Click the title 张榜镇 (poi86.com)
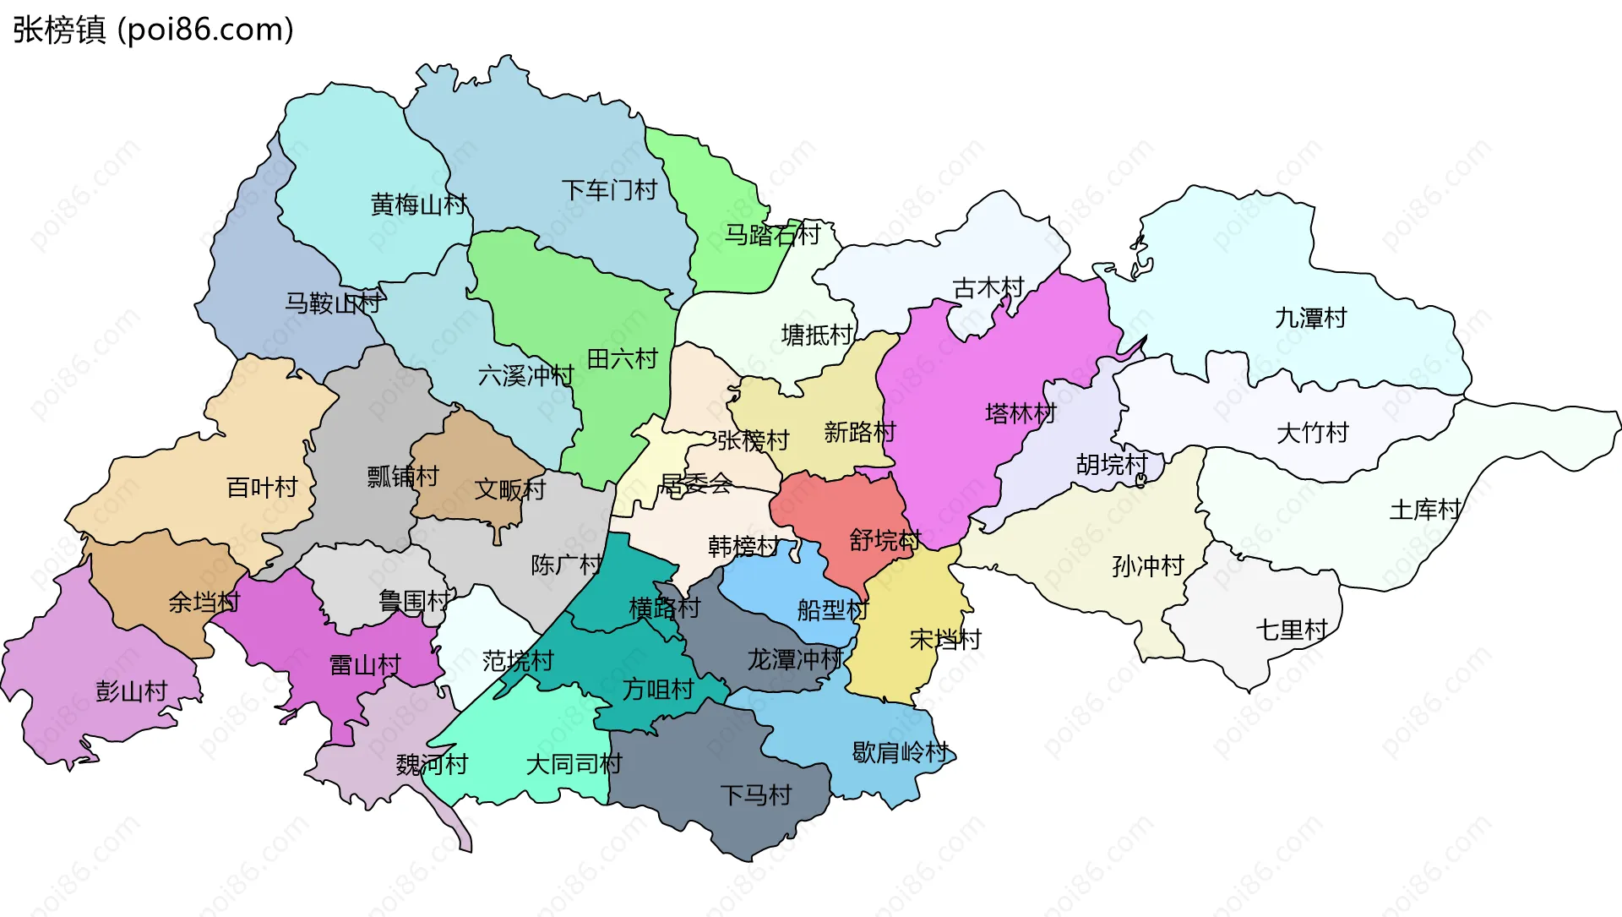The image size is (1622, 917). coord(153,30)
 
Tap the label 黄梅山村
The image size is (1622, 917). coord(418,205)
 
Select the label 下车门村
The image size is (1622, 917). coord(609,190)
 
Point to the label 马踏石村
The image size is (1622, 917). coord(772,234)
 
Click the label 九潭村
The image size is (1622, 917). coord(1310,319)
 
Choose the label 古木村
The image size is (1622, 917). coord(988,288)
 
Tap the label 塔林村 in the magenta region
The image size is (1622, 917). coord(1021,413)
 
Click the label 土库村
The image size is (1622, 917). coord(1425,510)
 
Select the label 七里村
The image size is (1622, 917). coord(1292,630)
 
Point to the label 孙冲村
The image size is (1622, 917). coord(1148,565)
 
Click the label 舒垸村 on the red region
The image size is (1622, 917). coord(884,540)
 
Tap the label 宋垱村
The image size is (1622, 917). coord(945,639)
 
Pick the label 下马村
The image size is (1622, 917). coord(755,794)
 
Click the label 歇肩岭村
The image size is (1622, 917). coord(901,751)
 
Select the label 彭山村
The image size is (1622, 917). coord(132,691)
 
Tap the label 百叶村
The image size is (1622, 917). coord(262,488)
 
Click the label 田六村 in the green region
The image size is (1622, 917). coord(622,359)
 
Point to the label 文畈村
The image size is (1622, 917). coord(510,489)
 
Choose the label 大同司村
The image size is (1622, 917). coord(574,764)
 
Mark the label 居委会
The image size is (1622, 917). coord(695,484)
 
